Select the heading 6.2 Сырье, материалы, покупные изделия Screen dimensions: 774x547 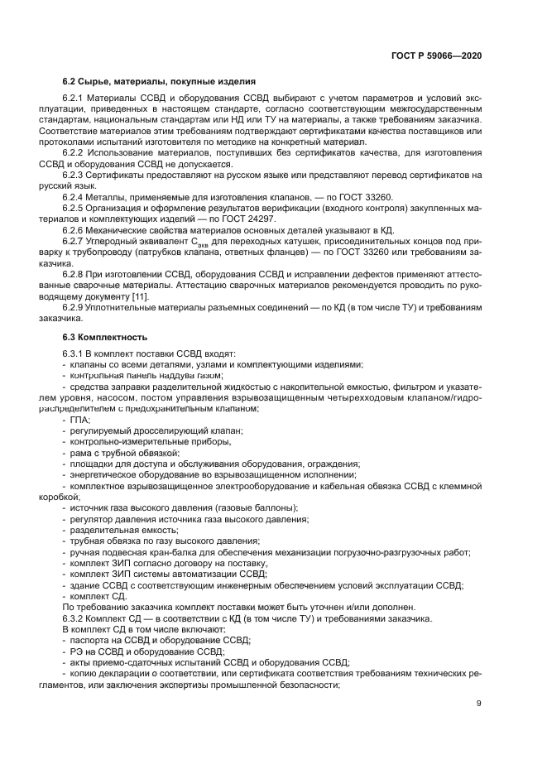(160, 82)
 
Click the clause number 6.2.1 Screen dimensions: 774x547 (75, 99)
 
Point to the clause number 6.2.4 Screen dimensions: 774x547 (75, 196)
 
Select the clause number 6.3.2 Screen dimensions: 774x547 (75, 618)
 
